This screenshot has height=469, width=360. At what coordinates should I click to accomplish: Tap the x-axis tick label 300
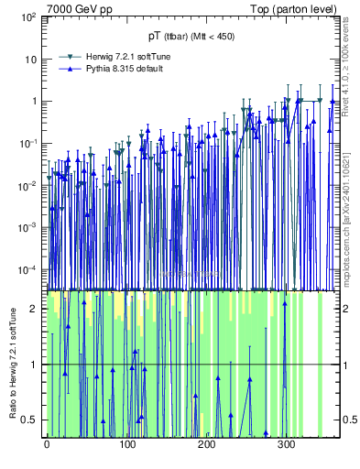pos(286,445)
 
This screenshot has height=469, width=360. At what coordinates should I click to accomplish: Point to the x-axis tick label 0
pos(47,445)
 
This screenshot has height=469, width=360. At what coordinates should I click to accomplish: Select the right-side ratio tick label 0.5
pos(348,420)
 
